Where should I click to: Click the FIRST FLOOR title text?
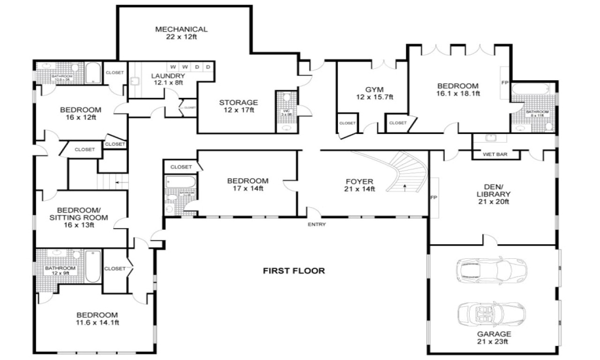pos(293,270)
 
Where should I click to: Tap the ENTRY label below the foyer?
pos(316,225)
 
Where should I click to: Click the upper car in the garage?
pos(491,271)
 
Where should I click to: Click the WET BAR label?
pos(495,154)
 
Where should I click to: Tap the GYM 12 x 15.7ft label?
pos(375,93)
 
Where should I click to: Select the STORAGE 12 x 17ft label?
pos(239,106)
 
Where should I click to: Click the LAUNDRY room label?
pos(168,79)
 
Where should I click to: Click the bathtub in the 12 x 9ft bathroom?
pos(93,266)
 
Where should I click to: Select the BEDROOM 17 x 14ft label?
pos(247,184)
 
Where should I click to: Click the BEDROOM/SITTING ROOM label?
pos(82,217)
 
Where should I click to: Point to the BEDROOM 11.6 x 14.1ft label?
pos(97,318)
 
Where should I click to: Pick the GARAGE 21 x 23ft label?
pos(494,338)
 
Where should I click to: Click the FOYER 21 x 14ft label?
pos(360,185)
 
